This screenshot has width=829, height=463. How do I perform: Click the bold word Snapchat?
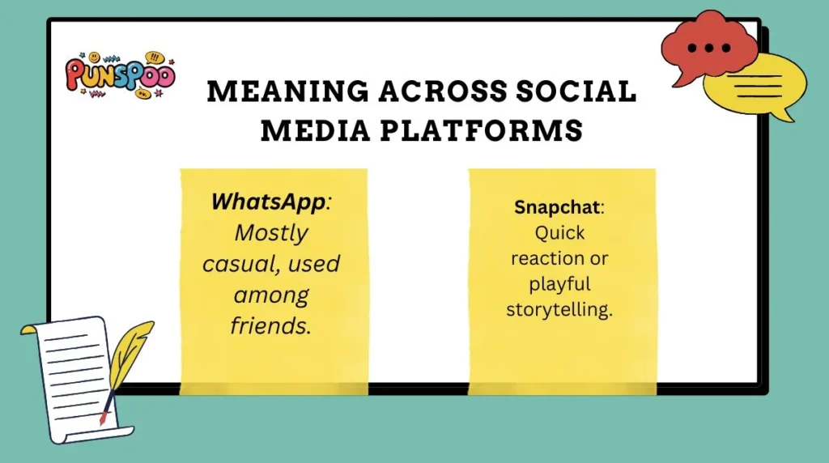556,207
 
